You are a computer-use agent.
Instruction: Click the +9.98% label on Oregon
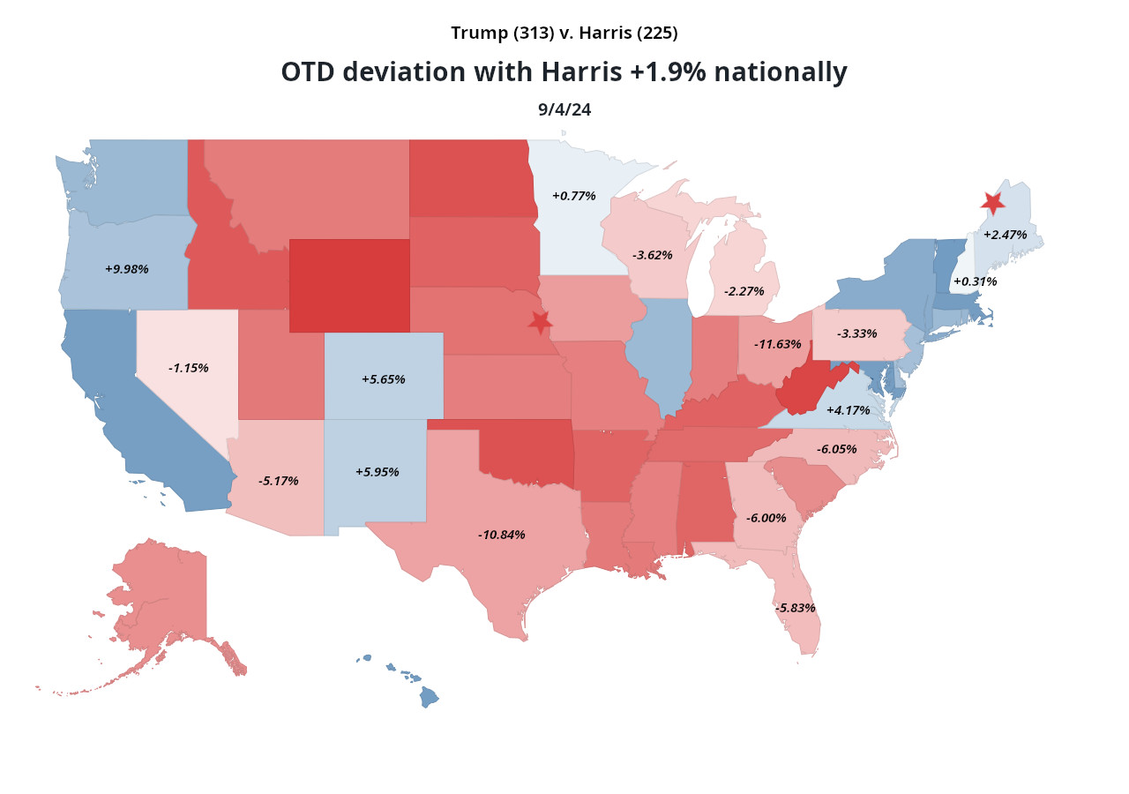point(126,269)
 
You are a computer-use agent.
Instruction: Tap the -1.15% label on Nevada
point(188,368)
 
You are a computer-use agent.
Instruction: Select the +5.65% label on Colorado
point(383,379)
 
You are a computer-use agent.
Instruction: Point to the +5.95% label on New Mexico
point(377,472)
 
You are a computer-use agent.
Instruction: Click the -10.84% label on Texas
point(501,535)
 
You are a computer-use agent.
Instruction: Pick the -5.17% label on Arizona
point(278,481)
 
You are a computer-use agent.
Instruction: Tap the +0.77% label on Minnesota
point(573,196)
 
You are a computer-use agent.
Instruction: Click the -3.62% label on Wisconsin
point(652,255)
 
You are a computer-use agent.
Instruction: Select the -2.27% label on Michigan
point(744,291)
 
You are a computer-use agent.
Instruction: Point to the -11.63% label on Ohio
point(777,344)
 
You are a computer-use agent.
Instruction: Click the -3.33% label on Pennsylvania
point(856,333)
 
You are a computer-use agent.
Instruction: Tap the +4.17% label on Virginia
point(848,410)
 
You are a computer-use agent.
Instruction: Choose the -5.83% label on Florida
point(795,608)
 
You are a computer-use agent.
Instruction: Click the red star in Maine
point(992,203)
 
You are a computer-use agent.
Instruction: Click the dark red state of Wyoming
point(349,286)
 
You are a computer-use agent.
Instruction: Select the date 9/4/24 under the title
point(564,110)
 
